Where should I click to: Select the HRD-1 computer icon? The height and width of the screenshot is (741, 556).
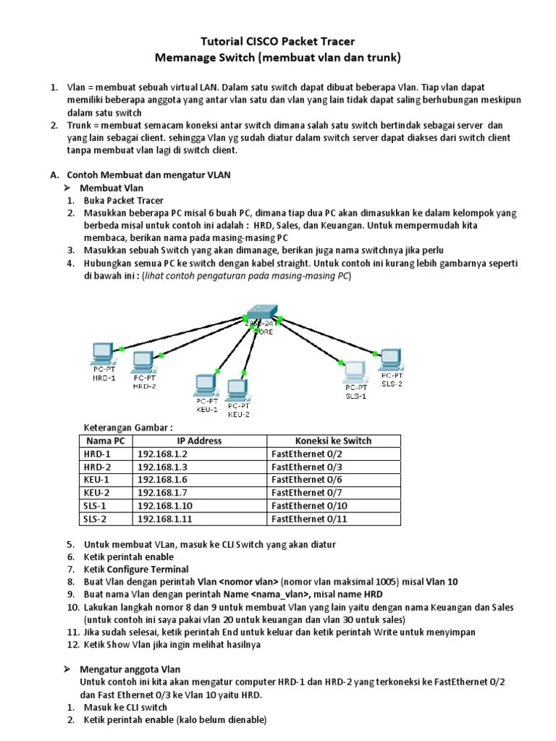pos(102,353)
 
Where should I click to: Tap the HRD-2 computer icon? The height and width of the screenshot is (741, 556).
pos(143,361)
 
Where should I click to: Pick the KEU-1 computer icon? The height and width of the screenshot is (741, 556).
pos(206,384)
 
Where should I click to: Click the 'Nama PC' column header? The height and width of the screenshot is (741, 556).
pos(105,440)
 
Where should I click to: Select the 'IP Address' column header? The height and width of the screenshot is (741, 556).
pos(199,440)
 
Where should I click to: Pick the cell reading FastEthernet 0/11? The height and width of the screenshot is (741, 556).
pos(309,519)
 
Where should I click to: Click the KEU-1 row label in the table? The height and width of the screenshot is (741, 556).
pos(96,480)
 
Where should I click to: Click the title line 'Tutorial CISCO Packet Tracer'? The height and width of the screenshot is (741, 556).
pos(278,41)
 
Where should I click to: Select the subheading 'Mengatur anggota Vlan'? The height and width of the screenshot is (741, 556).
pos(130,669)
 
